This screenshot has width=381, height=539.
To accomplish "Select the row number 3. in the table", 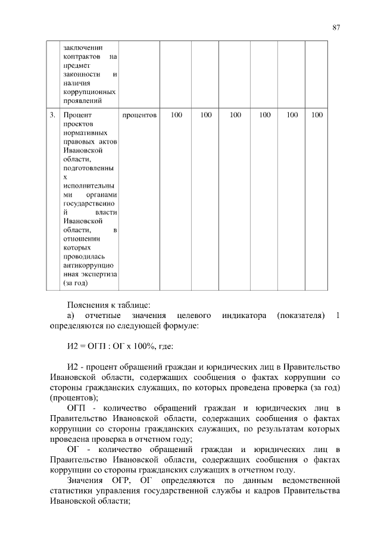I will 52,114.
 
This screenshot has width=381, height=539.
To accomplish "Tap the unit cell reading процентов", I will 139,114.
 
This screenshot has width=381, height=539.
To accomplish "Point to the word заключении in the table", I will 83,47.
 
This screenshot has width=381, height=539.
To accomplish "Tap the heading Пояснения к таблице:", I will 104,303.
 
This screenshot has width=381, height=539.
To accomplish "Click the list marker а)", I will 71,314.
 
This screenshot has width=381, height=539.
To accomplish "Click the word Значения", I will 85,479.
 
